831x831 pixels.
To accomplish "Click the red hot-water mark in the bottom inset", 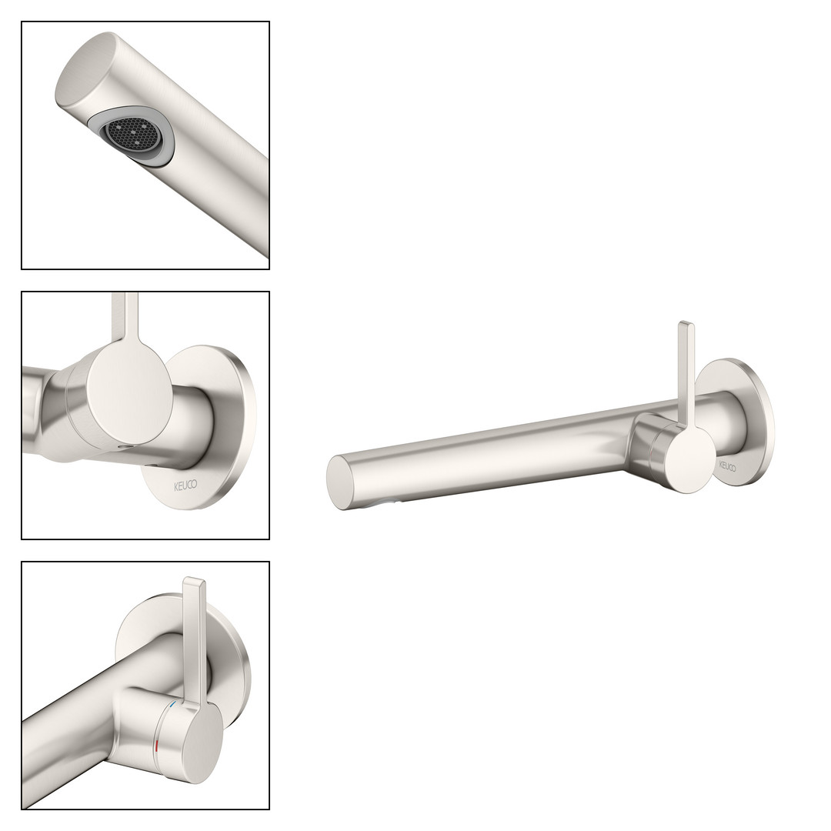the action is pyautogui.click(x=156, y=748).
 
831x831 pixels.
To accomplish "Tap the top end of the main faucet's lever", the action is pyautogui.click(x=686, y=323).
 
